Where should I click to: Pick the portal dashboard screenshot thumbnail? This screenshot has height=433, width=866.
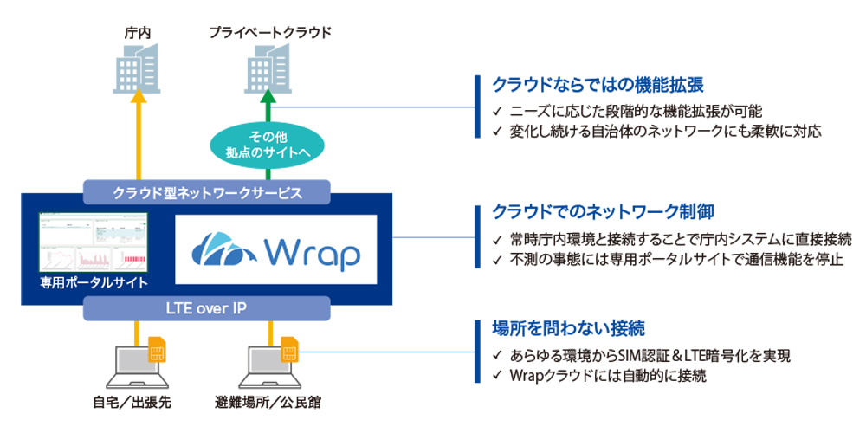pos(94,242)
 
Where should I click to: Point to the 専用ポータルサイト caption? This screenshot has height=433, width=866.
pos(94,282)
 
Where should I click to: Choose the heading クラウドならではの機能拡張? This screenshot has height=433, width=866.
pos(597,85)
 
